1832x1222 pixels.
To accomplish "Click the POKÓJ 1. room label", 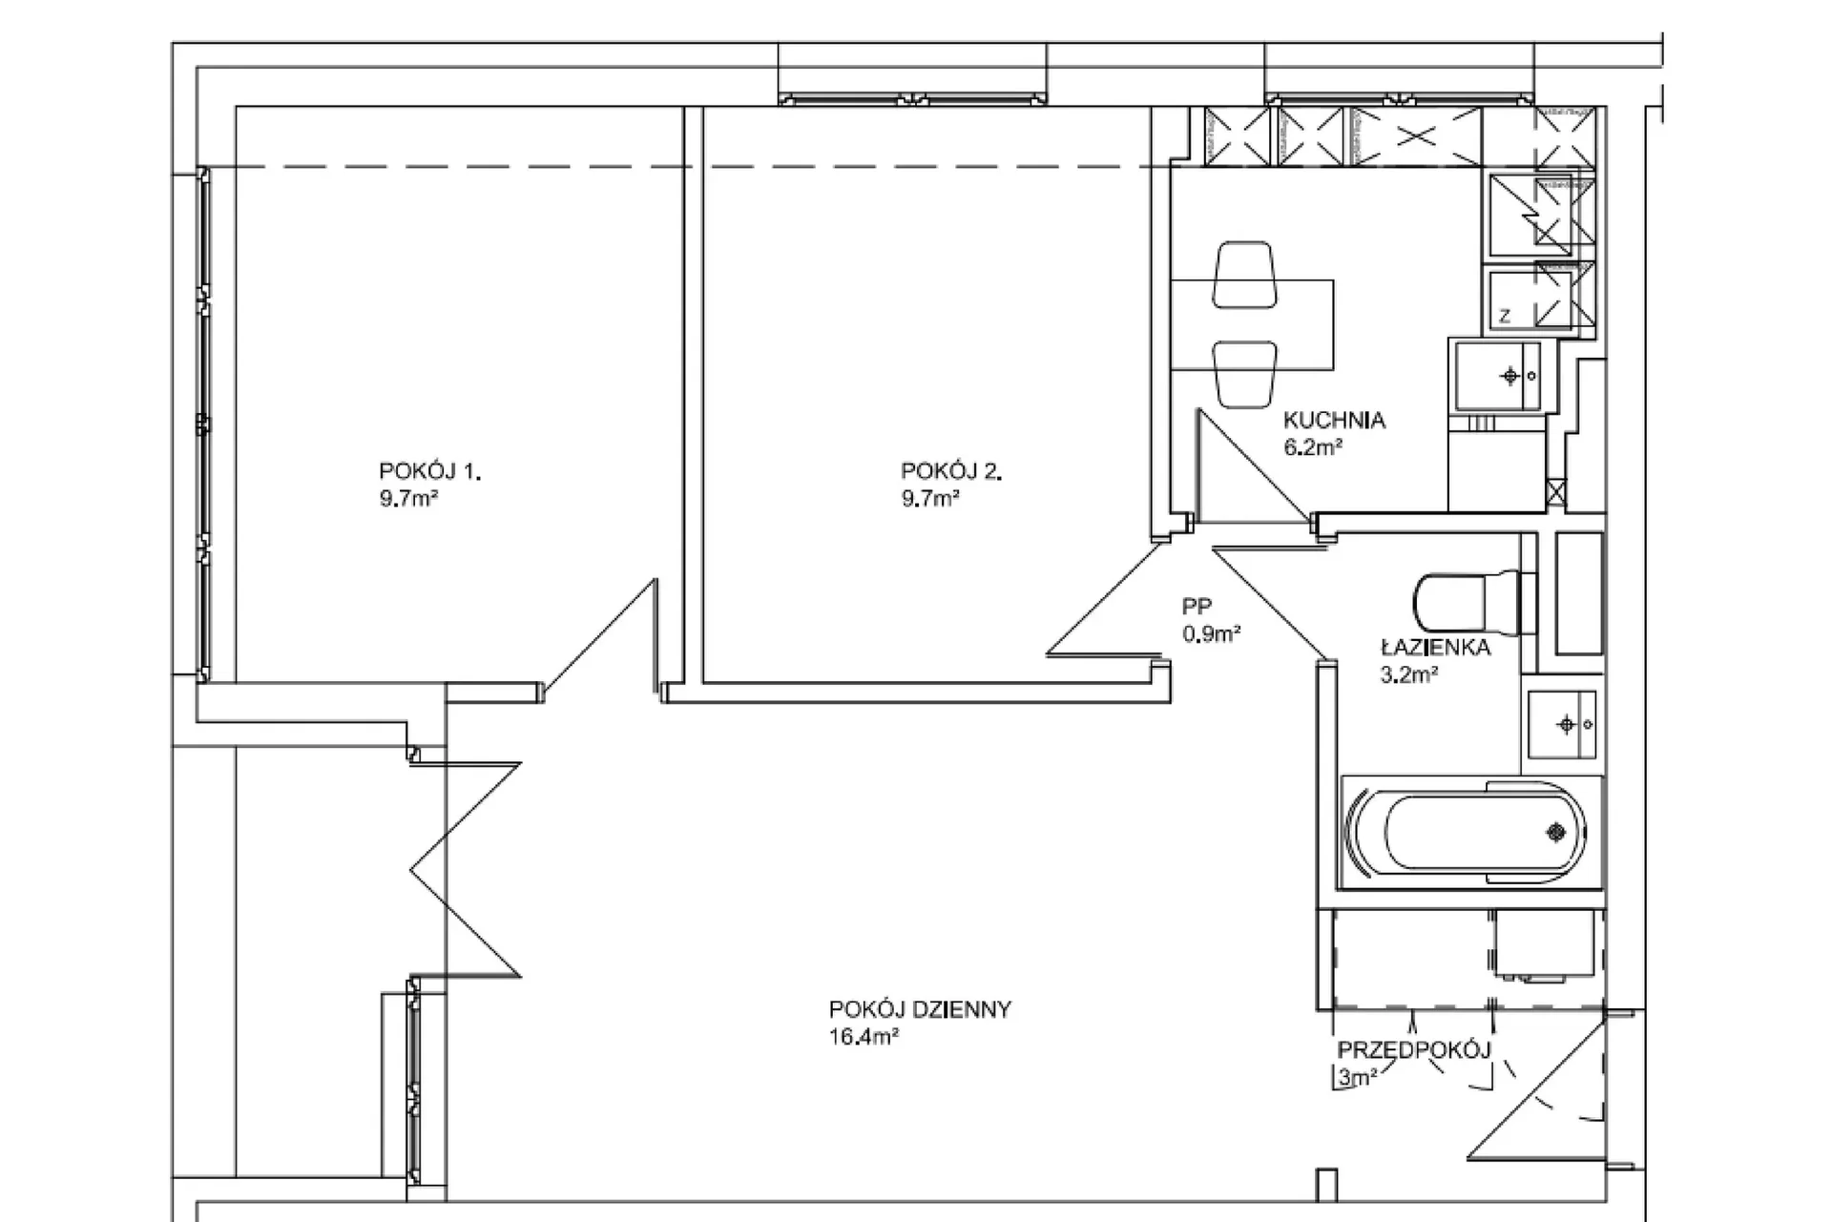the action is click(x=430, y=471).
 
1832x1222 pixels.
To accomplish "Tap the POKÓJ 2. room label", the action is click(x=951, y=471).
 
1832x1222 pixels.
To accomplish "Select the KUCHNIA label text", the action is click(x=1334, y=420).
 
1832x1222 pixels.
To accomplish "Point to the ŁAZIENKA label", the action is click(x=1435, y=648).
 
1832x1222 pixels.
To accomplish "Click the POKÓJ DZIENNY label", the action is click(x=920, y=1010).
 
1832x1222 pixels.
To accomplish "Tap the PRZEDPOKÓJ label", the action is click(x=1414, y=1051).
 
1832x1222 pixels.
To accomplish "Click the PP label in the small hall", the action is click(x=1197, y=606).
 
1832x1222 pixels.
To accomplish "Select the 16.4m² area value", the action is click(x=864, y=1037).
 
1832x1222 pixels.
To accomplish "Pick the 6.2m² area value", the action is click(x=1314, y=446).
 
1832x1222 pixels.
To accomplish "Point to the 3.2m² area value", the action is click(x=1409, y=675).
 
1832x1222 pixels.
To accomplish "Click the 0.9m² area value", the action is click(x=1212, y=633).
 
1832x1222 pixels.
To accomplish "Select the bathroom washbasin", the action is click(x=1561, y=725).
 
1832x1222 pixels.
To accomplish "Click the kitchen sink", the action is click(x=1497, y=376).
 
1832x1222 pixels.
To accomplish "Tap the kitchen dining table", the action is click(x=1252, y=324).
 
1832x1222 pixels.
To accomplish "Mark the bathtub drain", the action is click(x=1556, y=833).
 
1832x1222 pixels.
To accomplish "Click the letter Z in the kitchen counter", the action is click(x=1505, y=317).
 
